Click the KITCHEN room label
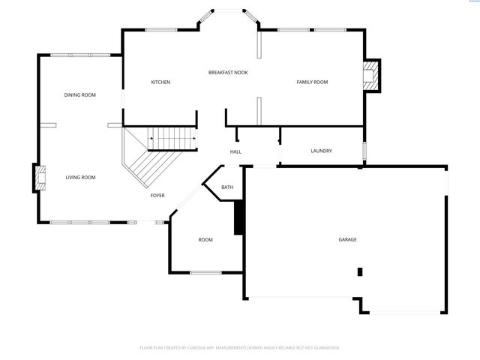(x=160, y=82)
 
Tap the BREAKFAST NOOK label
(x=228, y=72)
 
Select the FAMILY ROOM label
(x=312, y=82)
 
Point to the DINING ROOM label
(x=79, y=94)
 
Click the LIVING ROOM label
(x=80, y=177)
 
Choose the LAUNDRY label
(x=321, y=151)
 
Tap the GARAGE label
(x=347, y=239)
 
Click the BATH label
(x=227, y=187)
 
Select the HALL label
(x=235, y=152)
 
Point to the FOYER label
(x=157, y=195)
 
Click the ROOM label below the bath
(x=205, y=240)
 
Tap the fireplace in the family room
(x=370, y=76)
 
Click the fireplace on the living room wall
(x=38, y=178)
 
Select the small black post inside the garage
(x=360, y=271)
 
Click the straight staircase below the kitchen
(x=174, y=139)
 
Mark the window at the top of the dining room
(x=81, y=55)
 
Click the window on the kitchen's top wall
(x=160, y=30)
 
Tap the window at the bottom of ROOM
(x=205, y=272)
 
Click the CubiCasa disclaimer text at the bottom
(x=240, y=347)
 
